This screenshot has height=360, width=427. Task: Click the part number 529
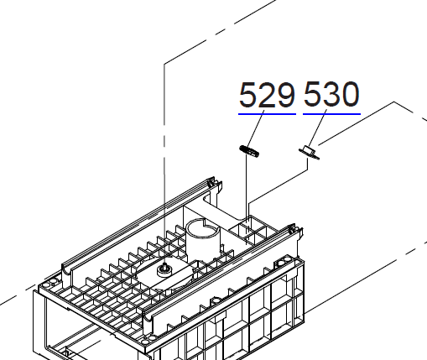click(268, 95)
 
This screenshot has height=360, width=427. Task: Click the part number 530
click(331, 95)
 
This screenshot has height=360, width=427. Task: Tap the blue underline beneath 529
click(268, 112)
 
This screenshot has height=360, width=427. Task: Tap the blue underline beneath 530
click(331, 112)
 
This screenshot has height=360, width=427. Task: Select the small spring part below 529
click(249, 150)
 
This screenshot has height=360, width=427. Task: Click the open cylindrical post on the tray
click(201, 236)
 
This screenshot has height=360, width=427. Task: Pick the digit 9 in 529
click(286, 95)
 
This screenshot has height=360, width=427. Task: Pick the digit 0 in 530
click(349, 95)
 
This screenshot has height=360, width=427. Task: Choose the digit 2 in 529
click(268, 95)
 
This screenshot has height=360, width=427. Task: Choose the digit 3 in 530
click(331, 95)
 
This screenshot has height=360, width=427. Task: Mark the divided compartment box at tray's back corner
click(252, 228)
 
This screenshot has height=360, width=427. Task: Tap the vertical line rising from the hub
click(164, 168)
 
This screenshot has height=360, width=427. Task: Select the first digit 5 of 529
click(249, 95)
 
